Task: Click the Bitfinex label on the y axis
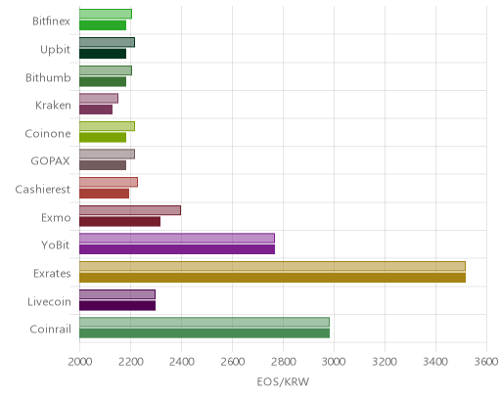point(51,22)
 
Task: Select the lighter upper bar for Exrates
point(272,266)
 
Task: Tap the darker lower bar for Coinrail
point(205,333)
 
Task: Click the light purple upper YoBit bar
point(177,239)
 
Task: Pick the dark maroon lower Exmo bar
point(119,222)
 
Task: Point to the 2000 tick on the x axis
point(80,362)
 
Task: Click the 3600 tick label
point(486,362)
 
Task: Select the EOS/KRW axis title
point(283,381)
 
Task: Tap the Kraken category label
point(53,106)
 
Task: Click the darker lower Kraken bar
point(96,110)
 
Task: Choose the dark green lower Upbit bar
point(103,54)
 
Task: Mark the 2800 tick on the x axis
point(284,362)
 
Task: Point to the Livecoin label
point(49,302)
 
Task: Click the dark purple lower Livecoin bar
point(117,306)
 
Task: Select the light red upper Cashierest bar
point(109,182)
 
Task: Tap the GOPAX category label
point(50,161)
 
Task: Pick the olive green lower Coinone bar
point(103,138)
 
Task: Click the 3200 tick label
point(385,362)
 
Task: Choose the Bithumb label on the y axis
point(48,77)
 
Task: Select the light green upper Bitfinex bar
point(106,14)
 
